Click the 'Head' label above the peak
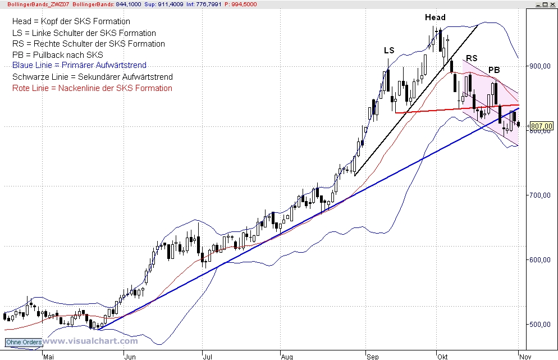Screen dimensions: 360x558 pyautogui.click(x=435, y=17)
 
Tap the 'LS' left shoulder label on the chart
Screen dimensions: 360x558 pyautogui.click(x=389, y=51)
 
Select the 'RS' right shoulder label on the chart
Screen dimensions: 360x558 pyautogui.click(x=472, y=58)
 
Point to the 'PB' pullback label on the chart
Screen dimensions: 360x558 pyautogui.click(x=494, y=70)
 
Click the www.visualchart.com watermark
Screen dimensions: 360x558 pyautogui.click(x=90, y=341)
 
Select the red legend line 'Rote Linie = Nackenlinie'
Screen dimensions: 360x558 pyautogui.click(x=92, y=88)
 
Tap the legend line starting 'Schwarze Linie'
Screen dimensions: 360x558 pyautogui.click(x=92, y=77)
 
